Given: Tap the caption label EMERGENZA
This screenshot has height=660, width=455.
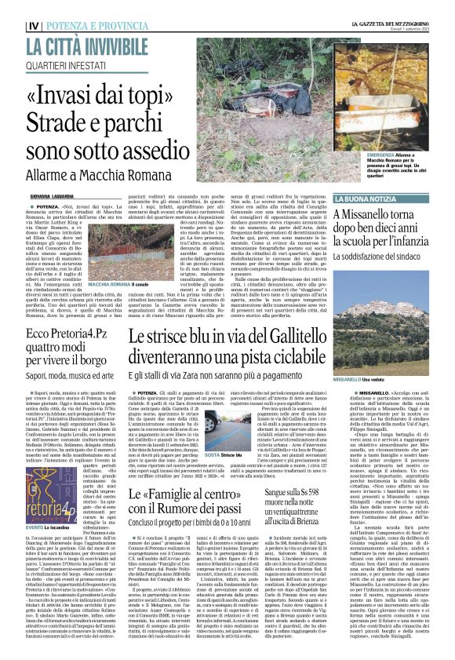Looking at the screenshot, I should point(362,156).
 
